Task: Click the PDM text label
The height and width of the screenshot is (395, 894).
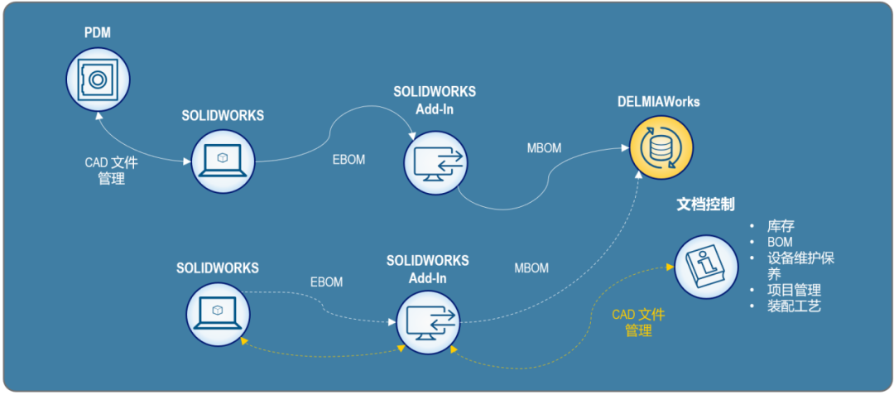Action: coord(98,34)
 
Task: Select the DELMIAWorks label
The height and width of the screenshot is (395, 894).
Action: coord(658,102)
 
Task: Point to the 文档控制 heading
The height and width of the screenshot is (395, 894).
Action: coord(705,204)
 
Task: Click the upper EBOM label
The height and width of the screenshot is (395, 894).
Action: coord(348,160)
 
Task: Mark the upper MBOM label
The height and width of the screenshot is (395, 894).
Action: coord(544,148)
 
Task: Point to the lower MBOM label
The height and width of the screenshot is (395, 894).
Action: coord(531,268)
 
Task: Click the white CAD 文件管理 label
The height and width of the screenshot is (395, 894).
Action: coord(111,171)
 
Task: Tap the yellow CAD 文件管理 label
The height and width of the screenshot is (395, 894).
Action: coord(638,323)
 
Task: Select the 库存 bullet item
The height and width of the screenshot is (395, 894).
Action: coord(781,226)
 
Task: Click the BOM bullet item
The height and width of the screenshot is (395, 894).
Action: coord(780,242)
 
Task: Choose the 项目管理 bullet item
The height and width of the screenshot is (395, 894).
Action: coord(794,290)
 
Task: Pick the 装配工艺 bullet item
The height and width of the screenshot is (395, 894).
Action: coord(794,306)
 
